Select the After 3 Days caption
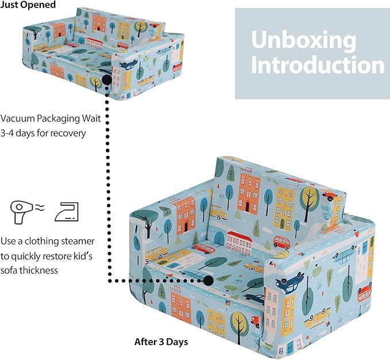[161, 342]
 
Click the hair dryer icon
[18, 211]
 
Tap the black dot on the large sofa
[208, 280]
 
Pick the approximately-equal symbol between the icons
[39, 209]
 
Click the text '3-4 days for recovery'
[43, 133]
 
